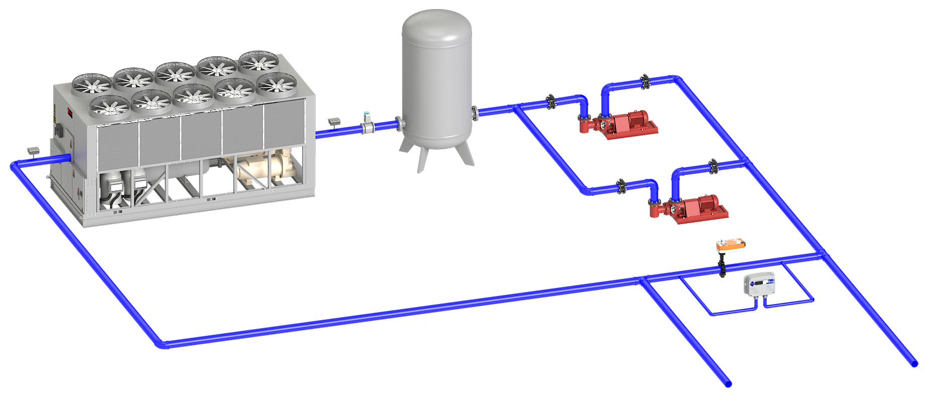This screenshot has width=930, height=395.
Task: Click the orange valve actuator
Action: point(730,246)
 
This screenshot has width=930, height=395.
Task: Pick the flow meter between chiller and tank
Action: point(368,124)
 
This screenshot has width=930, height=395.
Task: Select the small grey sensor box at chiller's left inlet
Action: point(34,151)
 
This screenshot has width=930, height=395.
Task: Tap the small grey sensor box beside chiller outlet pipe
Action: point(334,121)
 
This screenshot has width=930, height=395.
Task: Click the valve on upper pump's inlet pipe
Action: point(551,102)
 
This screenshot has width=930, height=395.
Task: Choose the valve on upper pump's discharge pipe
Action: point(645,81)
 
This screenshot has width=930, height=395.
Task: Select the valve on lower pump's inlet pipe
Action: point(621,186)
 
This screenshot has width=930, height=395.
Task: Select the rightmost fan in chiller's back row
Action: point(259,62)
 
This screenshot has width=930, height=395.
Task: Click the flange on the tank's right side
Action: point(475,112)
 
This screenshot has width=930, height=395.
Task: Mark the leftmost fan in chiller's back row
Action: point(91,84)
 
